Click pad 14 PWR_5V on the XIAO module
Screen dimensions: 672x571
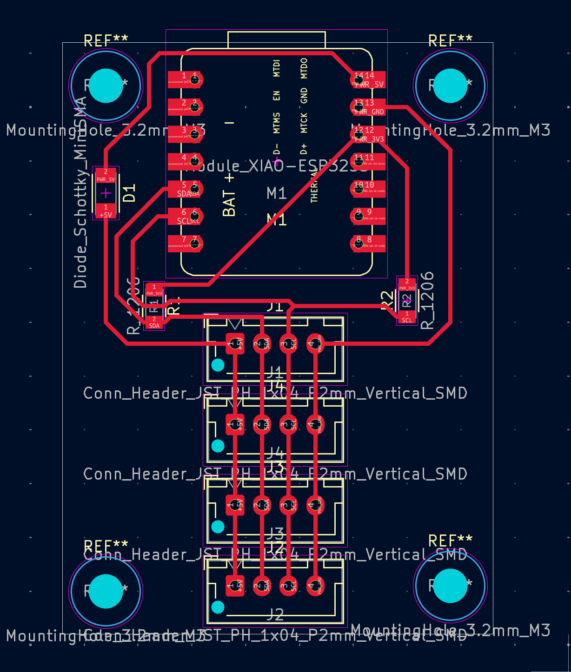pyautogui.click(x=368, y=79)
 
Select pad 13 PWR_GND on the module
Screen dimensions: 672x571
pyautogui.click(x=368, y=107)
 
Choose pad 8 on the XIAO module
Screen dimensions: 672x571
pyautogui.click(x=368, y=243)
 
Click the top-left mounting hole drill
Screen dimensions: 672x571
pyautogui.click(x=106, y=86)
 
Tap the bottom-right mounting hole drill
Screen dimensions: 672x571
pyautogui.click(x=450, y=586)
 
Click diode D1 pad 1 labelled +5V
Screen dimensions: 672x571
pyautogui.click(x=106, y=211)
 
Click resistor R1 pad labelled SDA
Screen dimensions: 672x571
pyautogui.click(x=154, y=323)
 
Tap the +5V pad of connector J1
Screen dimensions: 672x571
pyautogui.click(x=235, y=344)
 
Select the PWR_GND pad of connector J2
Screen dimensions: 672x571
pyautogui.click(x=316, y=586)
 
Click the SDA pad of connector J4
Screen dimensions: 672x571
pyautogui.click(x=262, y=424)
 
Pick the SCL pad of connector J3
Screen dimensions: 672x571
pyautogui.click(x=289, y=505)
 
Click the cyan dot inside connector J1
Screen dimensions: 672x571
pyautogui.click(x=218, y=365)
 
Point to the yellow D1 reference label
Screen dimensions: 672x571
pyautogui.click(x=130, y=192)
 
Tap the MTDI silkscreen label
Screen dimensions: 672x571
pyautogui.click(x=277, y=68)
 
